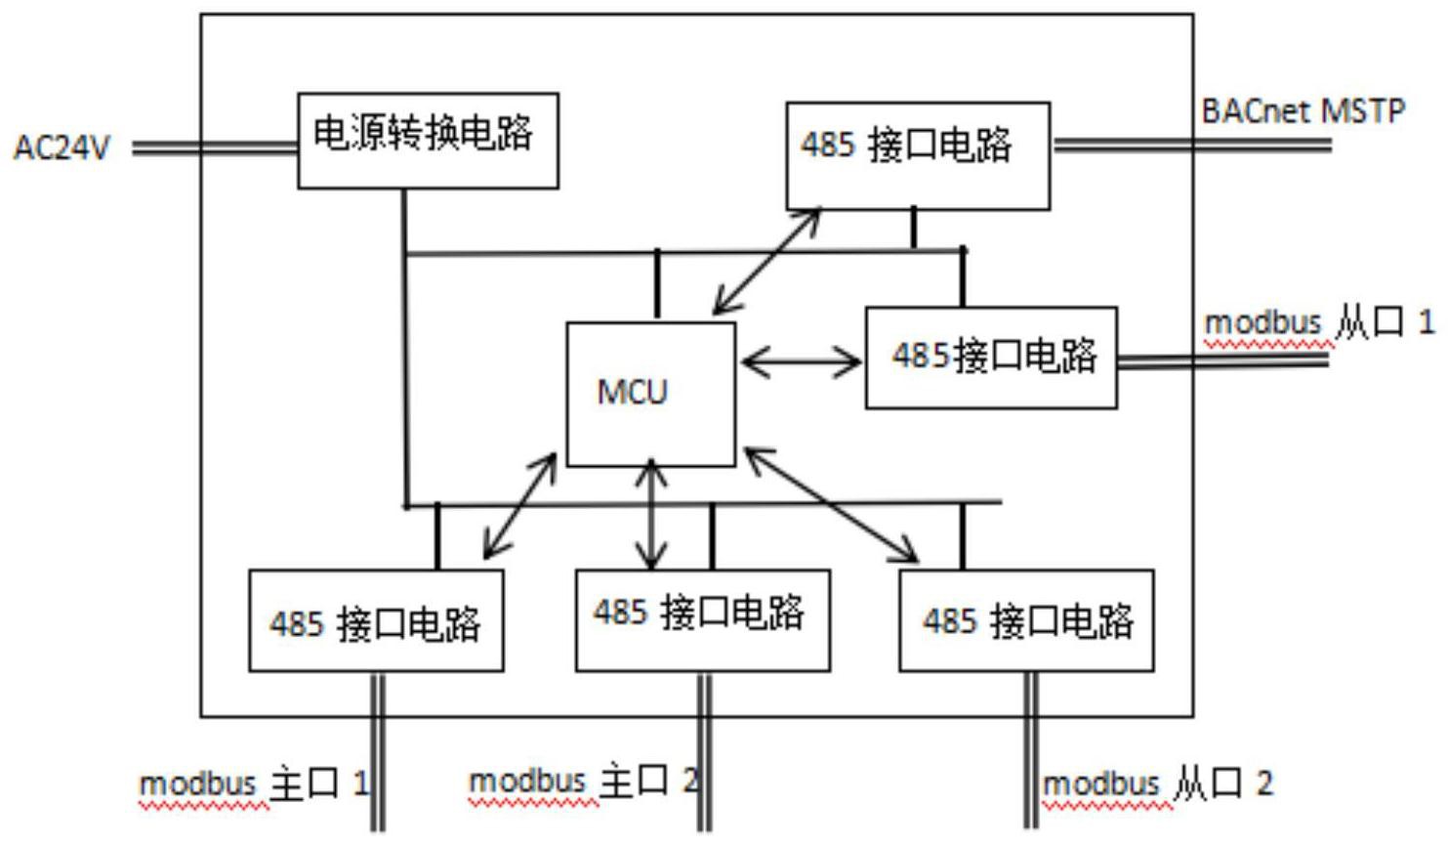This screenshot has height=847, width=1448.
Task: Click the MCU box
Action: coord(651,394)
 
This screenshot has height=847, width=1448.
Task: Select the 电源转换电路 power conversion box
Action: coord(428,140)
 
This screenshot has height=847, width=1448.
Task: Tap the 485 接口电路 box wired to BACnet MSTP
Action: coord(918,155)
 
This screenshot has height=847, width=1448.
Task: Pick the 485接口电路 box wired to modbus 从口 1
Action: coord(991,358)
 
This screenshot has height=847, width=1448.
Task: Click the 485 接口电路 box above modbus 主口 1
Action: coord(376,620)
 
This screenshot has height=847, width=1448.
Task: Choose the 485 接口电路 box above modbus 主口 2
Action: coord(702,620)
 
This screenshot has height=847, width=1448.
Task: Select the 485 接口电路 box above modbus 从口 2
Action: coord(1025,620)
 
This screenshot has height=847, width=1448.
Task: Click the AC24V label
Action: coord(62,148)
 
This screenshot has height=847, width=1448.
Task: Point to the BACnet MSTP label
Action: coord(1303,111)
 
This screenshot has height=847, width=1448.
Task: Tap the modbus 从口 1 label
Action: coord(1318,322)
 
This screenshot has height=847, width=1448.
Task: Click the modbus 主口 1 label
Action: coord(254,783)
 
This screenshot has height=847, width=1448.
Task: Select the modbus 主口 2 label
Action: coord(584,782)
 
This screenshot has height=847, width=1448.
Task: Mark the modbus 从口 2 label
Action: coord(1158,783)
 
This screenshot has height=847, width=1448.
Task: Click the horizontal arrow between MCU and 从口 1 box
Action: coord(801,362)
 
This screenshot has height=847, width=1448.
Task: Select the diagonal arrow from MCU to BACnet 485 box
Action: coord(767,261)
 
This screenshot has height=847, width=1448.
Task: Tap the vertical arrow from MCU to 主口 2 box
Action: coord(651,515)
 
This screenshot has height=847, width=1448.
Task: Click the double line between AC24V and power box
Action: coord(215,148)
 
